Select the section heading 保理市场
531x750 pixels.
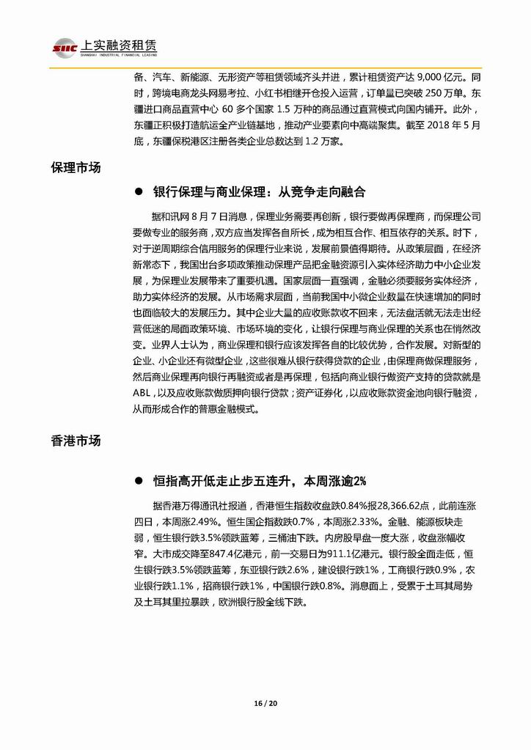pos(76,167)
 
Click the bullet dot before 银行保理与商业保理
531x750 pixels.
pos(137,192)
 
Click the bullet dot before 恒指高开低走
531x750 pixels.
pos(137,481)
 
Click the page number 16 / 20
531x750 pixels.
pos(265,705)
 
